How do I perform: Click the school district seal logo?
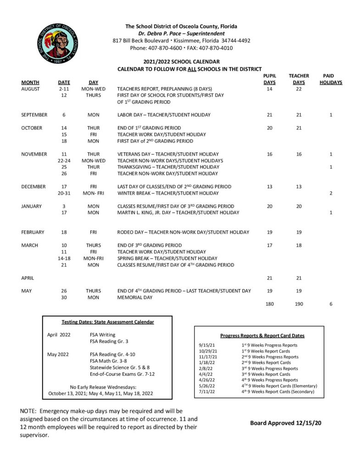coord(58,44)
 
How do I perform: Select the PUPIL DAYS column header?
coord(269,79)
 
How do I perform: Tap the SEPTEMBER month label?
coord(34,115)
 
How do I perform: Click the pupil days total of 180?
coord(269,304)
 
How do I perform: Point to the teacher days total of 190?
coord(299,304)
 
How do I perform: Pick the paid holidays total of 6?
coord(331,304)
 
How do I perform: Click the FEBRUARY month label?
coord(33,232)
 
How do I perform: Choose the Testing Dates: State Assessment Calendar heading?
coord(108,322)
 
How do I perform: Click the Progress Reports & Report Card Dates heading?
coord(259,336)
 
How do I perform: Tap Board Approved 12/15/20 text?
coord(285,423)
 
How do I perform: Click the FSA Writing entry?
coord(102,335)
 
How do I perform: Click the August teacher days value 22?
coord(299,89)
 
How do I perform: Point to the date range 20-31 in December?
coord(64,193)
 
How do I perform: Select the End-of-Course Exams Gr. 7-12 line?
coord(122,374)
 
